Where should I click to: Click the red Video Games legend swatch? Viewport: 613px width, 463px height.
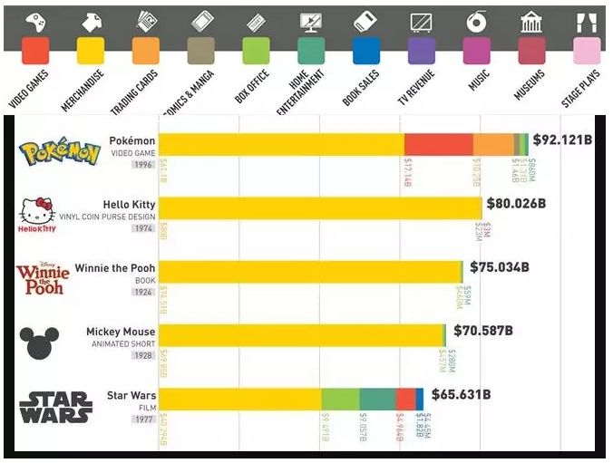[x=35, y=50]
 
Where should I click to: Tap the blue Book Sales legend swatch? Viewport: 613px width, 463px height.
[x=366, y=50]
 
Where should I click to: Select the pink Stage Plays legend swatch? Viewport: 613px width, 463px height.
[x=587, y=50]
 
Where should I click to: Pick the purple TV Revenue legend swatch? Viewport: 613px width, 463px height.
[x=422, y=50]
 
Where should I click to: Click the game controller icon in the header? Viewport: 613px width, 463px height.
[x=34, y=21]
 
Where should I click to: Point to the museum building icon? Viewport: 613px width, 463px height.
[x=531, y=21]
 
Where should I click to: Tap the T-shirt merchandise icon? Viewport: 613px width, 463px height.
[x=91, y=21]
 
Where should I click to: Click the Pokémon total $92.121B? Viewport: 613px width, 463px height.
[x=562, y=140]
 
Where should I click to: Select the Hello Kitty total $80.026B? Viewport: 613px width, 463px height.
[x=516, y=203]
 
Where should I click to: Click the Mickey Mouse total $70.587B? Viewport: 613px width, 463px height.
[x=483, y=331]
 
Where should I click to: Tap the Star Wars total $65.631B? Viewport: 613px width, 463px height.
[x=461, y=394]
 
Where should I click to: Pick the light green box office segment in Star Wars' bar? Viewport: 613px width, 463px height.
[x=340, y=400]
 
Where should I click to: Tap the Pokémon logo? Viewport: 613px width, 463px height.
[x=60, y=152]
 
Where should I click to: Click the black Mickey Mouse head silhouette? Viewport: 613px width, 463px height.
[x=39, y=342]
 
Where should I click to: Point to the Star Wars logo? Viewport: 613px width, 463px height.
[x=55, y=407]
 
